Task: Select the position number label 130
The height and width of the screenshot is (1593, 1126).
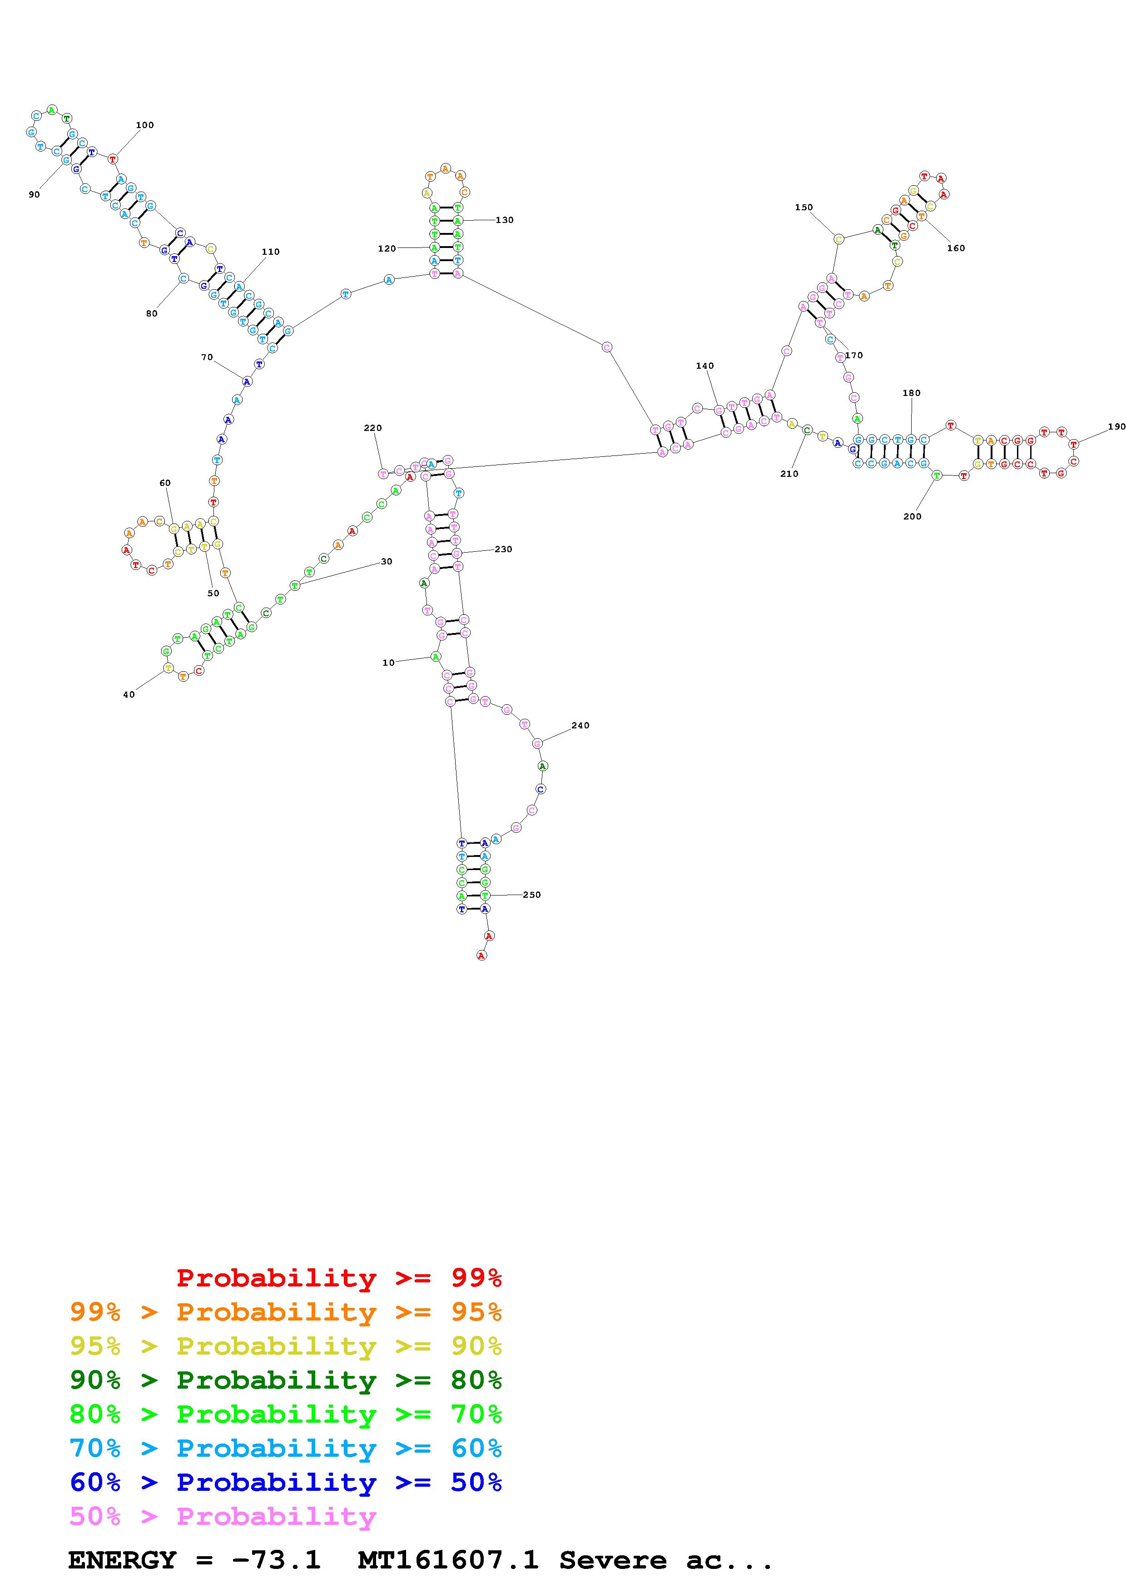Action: click(x=504, y=220)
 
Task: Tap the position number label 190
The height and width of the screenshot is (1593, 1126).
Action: click(x=1116, y=427)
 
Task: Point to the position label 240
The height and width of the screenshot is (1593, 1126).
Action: click(x=580, y=726)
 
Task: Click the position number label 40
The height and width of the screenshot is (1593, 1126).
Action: click(x=129, y=694)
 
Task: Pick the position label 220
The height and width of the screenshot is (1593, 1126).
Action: click(x=372, y=428)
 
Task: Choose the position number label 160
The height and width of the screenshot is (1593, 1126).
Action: click(x=955, y=248)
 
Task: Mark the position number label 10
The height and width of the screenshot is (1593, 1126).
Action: click(x=388, y=663)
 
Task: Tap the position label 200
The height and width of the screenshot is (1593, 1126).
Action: click(x=913, y=516)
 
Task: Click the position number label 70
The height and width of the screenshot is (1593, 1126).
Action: click(x=207, y=357)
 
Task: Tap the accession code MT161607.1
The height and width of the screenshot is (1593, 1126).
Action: click(x=447, y=1560)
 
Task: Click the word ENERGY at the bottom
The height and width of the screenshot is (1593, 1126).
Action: click(x=122, y=1560)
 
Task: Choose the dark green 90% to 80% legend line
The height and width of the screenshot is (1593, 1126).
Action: click(x=285, y=1380)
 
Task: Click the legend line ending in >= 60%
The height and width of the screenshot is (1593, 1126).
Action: click(x=285, y=1449)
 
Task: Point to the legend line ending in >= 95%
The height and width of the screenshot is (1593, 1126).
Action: click(x=285, y=1312)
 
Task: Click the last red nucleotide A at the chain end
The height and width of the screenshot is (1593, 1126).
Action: click(x=481, y=955)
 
